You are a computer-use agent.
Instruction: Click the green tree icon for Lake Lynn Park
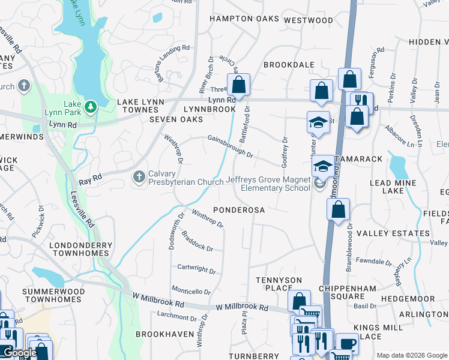[x=91, y=107]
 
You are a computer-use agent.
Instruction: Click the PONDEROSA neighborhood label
[x=239, y=211]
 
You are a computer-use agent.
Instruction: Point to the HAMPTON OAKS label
[x=244, y=19]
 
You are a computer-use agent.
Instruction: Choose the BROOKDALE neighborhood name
[x=289, y=64]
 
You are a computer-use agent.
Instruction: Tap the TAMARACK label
[x=360, y=159]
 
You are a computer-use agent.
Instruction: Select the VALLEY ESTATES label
[x=393, y=233]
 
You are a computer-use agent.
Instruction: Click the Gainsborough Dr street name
[x=231, y=146]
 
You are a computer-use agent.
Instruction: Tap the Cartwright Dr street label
[x=196, y=269]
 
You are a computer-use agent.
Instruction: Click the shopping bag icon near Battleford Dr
[x=239, y=85]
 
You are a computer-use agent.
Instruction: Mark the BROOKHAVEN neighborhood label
[x=164, y=334]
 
